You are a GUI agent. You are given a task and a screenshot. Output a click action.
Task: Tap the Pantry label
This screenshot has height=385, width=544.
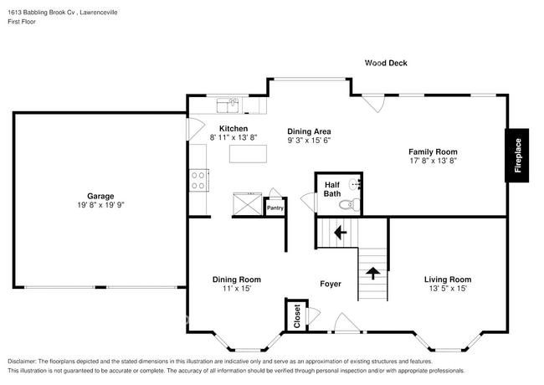(x=275, y=207)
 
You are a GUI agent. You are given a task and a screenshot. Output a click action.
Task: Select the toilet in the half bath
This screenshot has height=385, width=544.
(x=348, y=204)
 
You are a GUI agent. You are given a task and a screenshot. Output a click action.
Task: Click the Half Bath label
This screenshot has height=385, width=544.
(x=331, y=188)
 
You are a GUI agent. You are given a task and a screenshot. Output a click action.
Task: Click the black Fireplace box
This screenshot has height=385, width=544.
(x=517, y=155)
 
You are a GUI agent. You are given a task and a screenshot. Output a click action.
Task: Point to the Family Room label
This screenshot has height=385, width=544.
(x=433, y=151)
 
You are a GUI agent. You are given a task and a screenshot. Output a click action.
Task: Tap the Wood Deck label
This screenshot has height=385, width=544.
(x=385, y=63)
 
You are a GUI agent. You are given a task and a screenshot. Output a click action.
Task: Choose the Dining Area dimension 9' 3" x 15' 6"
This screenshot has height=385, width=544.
(x=310, y=141)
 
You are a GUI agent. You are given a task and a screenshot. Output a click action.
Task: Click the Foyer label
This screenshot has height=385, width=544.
(x=330, y=284)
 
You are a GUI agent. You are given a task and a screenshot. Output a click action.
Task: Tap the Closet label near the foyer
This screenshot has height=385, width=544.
(x=295, y=315)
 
